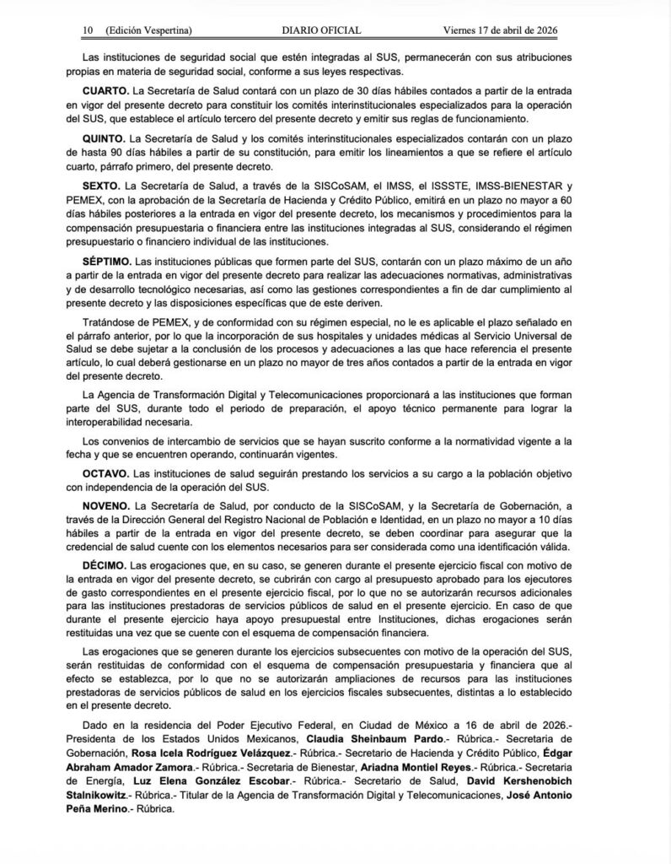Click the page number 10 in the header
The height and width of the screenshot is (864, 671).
87,31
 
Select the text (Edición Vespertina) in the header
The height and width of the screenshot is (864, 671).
149,31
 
